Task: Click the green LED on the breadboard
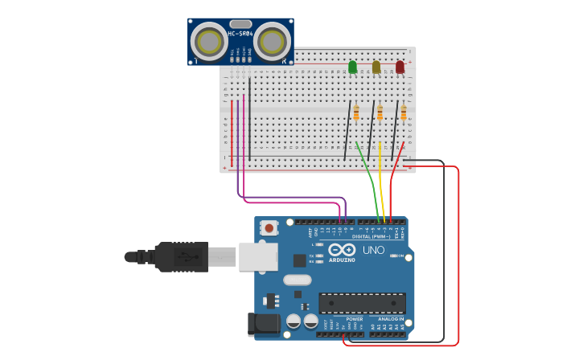[x=352, y=67]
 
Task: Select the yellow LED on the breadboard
[x=376, y=67]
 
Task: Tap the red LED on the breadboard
[x=400, y=67]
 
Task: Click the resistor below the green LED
[x=356, y=113]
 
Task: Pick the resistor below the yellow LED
[x=380, y=113]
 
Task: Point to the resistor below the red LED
[x=404, y=113]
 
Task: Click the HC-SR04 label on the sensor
[x=240, y=34]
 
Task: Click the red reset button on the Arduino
[x=269, y=228]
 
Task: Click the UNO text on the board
[x=373, y=250]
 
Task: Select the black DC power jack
[x=263, y=324]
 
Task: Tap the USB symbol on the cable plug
[x=185, y=257]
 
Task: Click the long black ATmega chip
[x=362, y=303]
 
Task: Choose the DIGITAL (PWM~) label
[x=371, y=236]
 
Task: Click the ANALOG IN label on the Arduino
[x=391, y=319]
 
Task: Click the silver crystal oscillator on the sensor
[x=240, y=24]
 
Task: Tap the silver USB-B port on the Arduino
[x=257, y=257]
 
